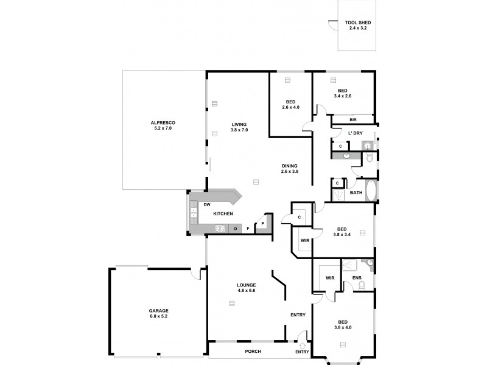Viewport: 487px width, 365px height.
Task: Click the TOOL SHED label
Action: click(357, 25)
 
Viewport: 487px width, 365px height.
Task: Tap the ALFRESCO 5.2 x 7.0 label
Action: click(163, 126)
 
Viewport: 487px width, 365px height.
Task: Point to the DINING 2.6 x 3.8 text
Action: click(289, 169)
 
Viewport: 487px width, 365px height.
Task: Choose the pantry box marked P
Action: click(262, 224)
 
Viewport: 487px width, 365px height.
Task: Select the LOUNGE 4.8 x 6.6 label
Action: click(247, 287)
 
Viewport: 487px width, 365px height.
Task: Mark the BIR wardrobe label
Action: click(352, 120)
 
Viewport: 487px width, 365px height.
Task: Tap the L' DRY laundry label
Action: click(356, 133)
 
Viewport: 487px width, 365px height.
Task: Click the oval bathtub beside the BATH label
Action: click(371, 190)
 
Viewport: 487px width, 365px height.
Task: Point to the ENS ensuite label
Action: click(357, 279)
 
